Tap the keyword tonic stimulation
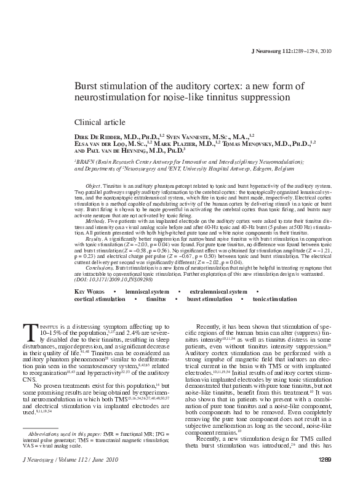[x=274, y=299]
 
